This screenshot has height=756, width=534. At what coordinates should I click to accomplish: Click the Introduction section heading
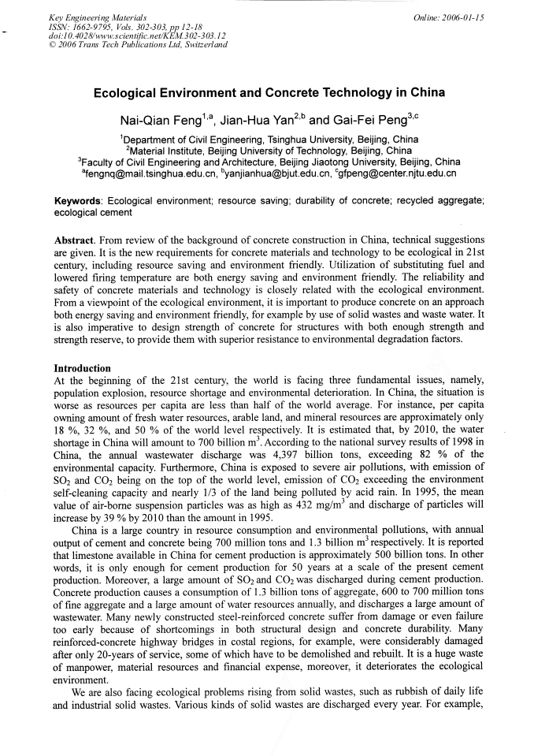coord(82,368)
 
